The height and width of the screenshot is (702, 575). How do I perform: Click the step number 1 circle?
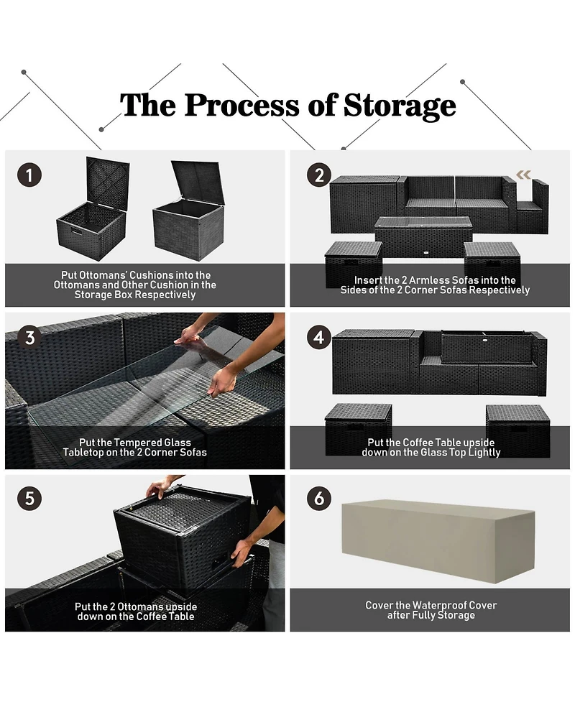(29, 175)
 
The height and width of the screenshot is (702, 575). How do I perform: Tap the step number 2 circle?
(319, 175)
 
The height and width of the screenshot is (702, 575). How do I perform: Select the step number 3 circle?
(29, 338)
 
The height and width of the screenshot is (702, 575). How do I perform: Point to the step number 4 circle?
(319, 337)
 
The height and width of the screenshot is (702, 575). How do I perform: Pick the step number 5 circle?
(29, 498)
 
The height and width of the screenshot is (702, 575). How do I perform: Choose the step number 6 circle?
(319, 498)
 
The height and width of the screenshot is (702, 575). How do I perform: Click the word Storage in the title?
(400, 106)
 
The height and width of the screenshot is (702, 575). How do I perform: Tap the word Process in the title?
(242, 106)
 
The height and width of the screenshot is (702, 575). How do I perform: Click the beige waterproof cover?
(438, 541)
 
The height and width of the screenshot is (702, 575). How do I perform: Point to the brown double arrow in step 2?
(523, 175)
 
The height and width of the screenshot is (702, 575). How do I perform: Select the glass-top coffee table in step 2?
(423, 237)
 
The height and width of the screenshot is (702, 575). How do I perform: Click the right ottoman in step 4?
(517, 430)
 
